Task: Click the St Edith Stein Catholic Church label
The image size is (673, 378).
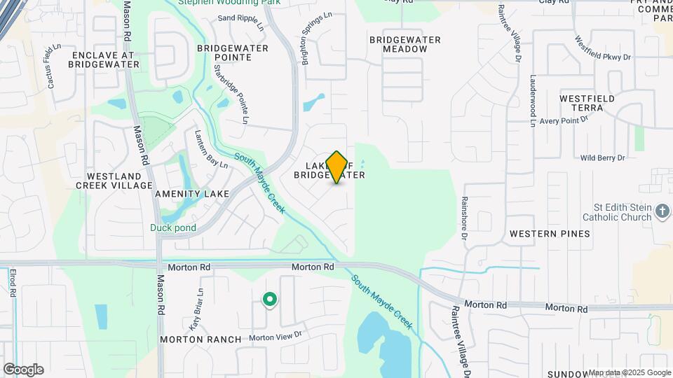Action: point(613,212)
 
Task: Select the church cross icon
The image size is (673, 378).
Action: point(662,211)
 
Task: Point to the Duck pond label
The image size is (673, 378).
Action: point(172,227)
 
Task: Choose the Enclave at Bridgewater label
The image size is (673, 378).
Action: point(104,59)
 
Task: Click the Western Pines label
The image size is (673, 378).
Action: point(550,233)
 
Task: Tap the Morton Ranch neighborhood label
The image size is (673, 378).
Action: point(200,339)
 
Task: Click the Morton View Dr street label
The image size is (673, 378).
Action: point(275,335)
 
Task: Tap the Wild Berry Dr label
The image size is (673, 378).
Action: point(602,158)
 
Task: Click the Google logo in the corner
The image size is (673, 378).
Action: point(23,370)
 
